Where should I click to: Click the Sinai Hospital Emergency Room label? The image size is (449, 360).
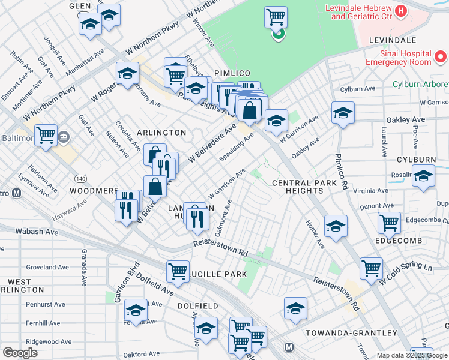click(x=398, y=58)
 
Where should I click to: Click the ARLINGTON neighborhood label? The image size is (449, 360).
click(x=161, y=132)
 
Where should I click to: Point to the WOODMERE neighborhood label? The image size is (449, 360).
click(x=93, y=190)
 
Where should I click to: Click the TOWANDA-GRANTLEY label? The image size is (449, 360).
click(x=340, y=332)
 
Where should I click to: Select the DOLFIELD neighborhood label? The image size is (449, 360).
click(x=198, y=306)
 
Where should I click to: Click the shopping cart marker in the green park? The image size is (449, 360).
click(x=276, y=17)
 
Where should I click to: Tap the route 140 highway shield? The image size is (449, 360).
click(x=80, y=179)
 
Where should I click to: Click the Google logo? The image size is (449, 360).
click(x=20, y=353)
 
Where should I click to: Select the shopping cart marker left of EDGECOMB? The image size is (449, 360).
click(x=389, y=223)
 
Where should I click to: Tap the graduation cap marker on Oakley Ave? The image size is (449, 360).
click(x=343, y=112)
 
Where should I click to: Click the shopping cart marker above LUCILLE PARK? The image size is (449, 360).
click(x=178, y=271)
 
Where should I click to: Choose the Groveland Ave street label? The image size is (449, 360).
click(x=48, y=267)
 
